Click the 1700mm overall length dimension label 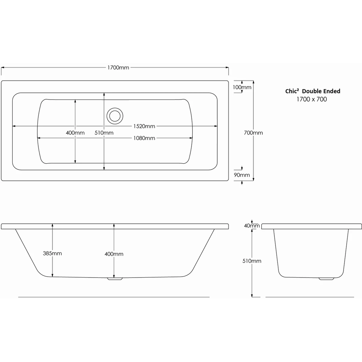click(118, 68)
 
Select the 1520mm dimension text click(144, 126)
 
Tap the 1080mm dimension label click(144, 138)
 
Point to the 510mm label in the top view click(104, 133)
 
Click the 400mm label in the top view click(75, 133)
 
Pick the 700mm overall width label click(253, 133)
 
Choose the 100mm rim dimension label click(242, 87)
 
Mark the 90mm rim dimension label click(242, 175)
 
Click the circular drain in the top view click(114, 116)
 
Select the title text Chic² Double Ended click(313, 91)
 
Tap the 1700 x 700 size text click(312, 99)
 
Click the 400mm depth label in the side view click(114, 254)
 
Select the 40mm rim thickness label click(252, 226)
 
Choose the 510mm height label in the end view click(252, 261)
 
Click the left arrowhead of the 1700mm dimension click(2, 68)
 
